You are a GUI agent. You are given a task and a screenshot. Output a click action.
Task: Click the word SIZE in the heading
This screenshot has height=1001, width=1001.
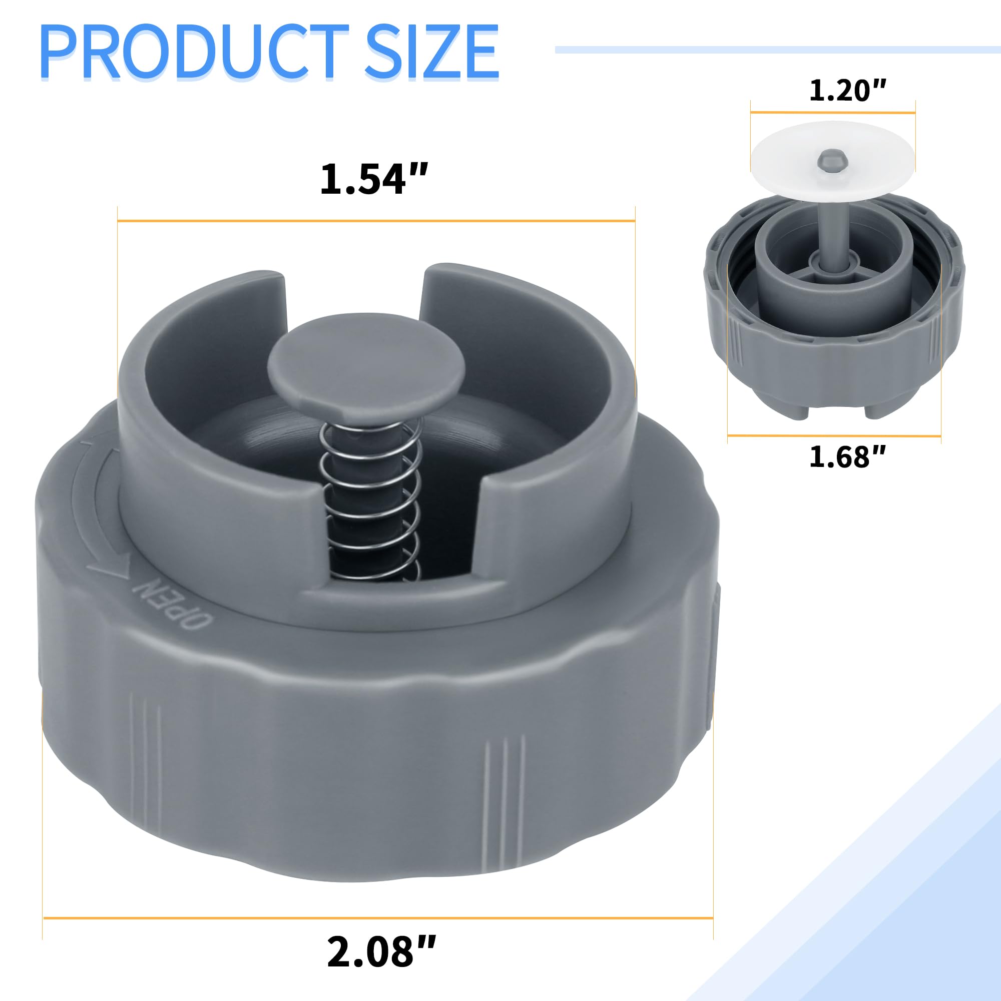431,53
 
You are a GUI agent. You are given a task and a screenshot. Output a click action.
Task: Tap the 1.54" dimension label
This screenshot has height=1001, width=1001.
374,179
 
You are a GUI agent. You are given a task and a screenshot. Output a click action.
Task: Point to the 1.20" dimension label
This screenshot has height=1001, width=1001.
848,90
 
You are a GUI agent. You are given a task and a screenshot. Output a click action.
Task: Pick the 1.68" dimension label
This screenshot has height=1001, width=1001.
848,456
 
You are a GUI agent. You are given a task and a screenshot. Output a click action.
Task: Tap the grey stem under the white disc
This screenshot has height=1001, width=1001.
833,223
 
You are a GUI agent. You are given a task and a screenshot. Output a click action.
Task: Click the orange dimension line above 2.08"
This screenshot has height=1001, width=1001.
378,918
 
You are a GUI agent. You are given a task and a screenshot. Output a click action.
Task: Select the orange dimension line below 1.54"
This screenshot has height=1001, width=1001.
376,221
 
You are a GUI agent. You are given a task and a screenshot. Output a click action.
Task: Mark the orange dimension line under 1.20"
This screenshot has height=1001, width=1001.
833,112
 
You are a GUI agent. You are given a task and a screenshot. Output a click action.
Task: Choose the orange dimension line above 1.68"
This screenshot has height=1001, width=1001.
834,435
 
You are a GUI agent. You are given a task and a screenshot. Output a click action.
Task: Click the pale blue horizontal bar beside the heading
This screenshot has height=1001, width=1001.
777,50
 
